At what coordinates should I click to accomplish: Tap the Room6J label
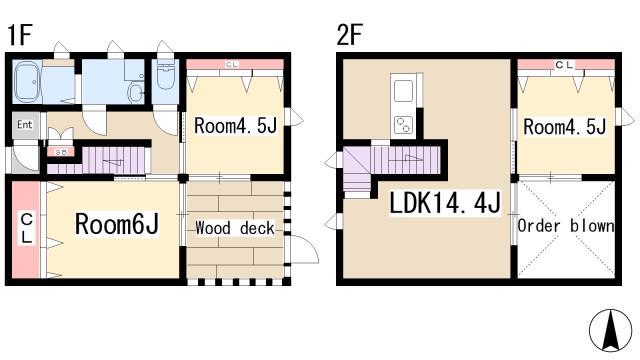[x=117, y=224]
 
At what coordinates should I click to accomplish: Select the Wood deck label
[x=235, y=228]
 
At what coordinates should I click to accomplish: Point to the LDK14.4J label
[x=445, y=202]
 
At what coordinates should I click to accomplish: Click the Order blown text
[x=566, y=226]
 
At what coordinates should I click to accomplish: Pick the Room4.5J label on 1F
[x=236, y=125]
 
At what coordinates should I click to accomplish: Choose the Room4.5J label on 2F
[x=565, y=127]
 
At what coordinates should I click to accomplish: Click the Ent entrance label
[x=24, y=124]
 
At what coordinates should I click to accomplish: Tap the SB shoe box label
[x=61, y=152]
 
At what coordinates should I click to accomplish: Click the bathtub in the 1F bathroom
[x=27, y=82]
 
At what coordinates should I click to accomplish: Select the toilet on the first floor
[x=165, y=76]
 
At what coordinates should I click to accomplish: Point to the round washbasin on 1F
[x=135, y=93]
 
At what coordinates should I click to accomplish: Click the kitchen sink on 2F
[x=403, y=90]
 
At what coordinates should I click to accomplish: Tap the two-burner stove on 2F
[x=403, y=124]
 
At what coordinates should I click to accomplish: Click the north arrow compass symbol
[x=610, y=331]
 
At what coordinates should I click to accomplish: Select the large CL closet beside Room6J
[x=26, y=229]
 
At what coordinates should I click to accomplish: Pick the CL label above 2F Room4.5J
[x=565, y=64]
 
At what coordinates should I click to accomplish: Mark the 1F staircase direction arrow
[x=113, y=162]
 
